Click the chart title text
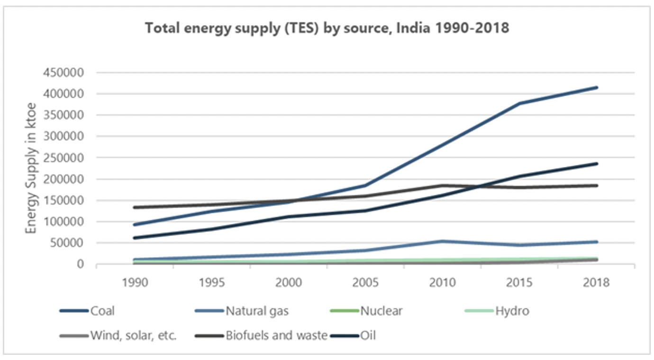pyautogui.click(x=327, y=28)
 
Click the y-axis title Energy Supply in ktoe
pyautogui.click(x=31, y=168)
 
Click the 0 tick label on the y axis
pyautogui.click(x=80, y=264)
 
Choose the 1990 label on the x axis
pyautogui.click(x=135, y=283)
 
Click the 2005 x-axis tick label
pyautogui.click(x=365, y=283)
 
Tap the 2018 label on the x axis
pyautogui.click(x=596, y=283)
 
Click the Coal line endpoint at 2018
pyautogui.click(x=596, y=88)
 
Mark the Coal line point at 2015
pyautogui.click(x=519, y=103)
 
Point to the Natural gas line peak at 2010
pyautogui.click(x=442, y=241)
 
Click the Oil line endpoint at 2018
pyautogui.click(x=596, y=164)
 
